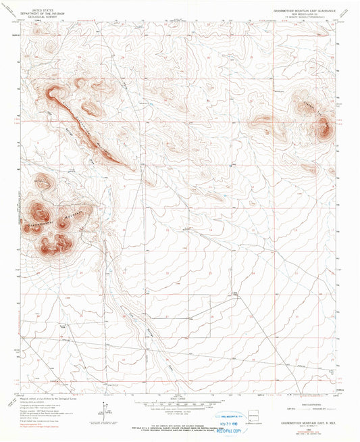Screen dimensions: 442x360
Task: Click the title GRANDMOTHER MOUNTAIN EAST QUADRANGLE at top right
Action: pos(303,10)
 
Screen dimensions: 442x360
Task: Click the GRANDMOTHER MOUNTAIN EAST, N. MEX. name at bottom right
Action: pos(307,425)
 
